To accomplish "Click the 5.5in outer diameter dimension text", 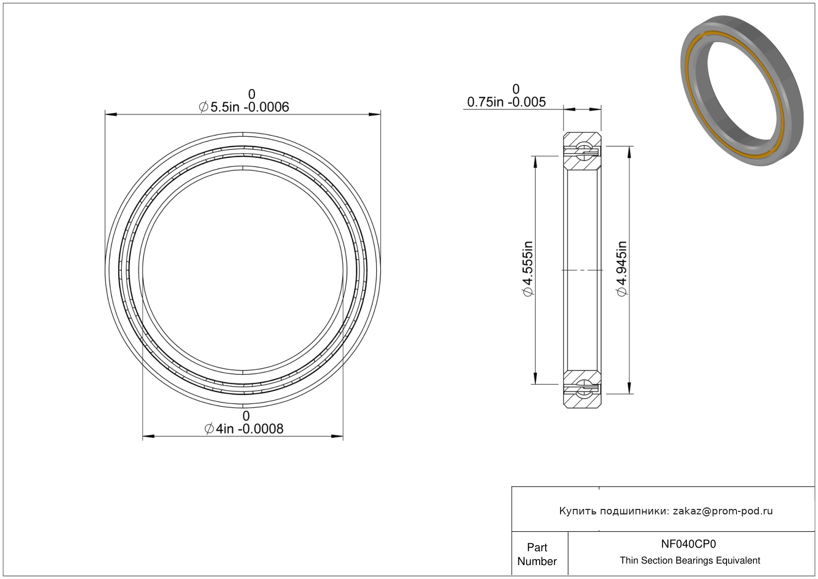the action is click(244, 107).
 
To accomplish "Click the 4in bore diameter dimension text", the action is click(244, 428).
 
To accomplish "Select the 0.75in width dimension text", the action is click(506, 102).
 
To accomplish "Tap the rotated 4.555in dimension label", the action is click(528, 269).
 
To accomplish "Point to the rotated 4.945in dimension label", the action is click(622, 269).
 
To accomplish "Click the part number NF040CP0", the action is click(688, 544).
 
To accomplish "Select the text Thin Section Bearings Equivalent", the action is click(690, 561).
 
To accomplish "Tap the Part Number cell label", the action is click(537, 554).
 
